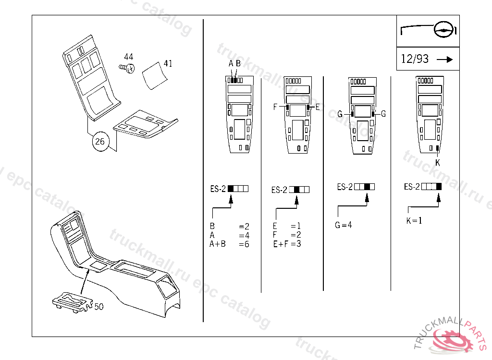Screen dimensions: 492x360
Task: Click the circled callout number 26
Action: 100,142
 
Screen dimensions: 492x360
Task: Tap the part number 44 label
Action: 129,57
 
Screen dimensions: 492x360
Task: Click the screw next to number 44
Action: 127,68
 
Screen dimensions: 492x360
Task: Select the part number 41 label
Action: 168,64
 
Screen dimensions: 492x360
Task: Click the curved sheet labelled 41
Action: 155,76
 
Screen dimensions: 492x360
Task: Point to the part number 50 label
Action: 99,306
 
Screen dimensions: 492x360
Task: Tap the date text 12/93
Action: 415,59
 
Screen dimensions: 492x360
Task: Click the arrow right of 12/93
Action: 445,59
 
